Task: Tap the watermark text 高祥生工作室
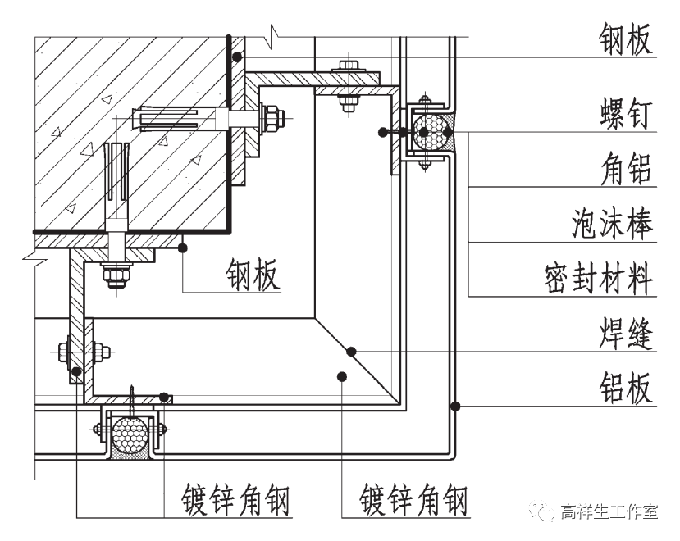[609, 512]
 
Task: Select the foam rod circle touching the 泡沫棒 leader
[432, 132]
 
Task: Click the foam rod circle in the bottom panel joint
[130, 432]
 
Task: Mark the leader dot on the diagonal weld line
[351, 352]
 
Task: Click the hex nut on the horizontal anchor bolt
[271, 117]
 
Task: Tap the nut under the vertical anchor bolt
[115, 274]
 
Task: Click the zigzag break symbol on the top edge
[274, 35]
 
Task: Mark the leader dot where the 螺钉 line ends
[383, 131]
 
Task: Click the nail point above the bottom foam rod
[130, 391]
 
